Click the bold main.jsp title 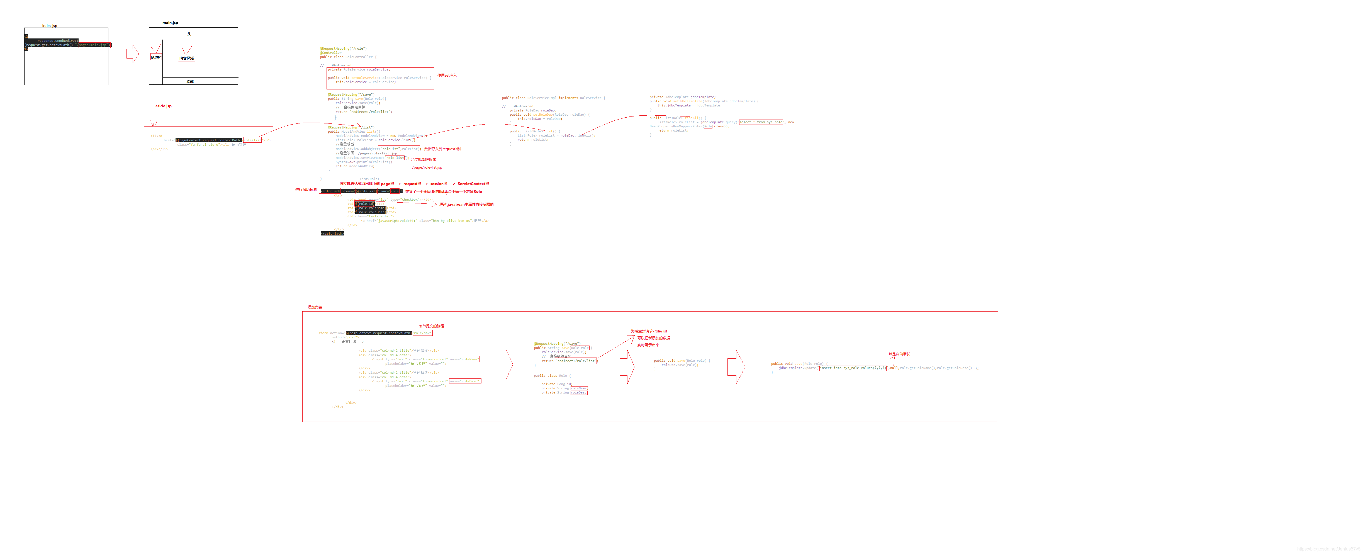(170, 23)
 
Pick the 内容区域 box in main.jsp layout (186, 58)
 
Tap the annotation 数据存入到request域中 (443, 149)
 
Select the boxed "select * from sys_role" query (760, 122)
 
